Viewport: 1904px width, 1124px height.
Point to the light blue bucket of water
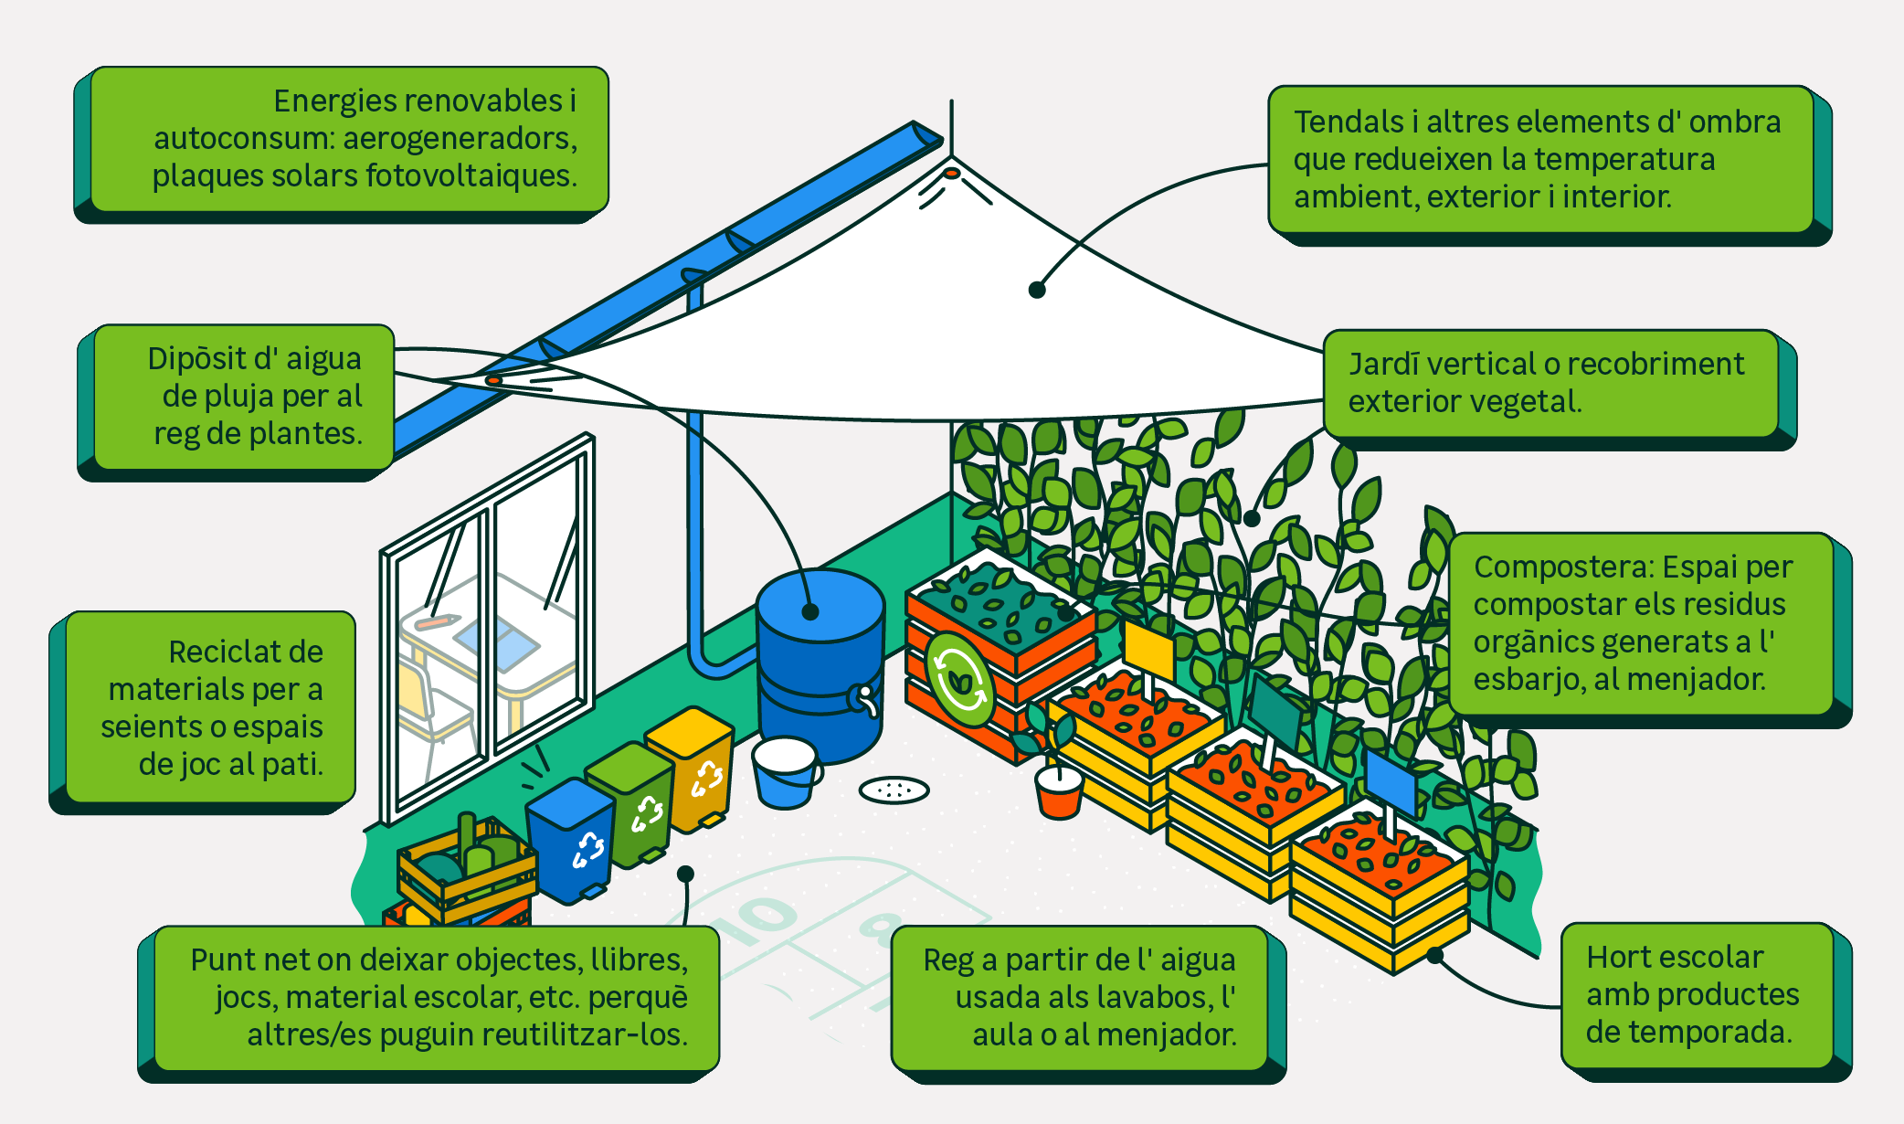click(x=785, y=773)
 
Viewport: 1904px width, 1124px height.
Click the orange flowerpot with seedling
click(x=1059, y=791)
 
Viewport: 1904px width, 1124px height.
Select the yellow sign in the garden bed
click(x=1148, y=651)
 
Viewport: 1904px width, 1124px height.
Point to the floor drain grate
click(x=894, y=790)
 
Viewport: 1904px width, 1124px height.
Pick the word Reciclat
click(x=246, y=652)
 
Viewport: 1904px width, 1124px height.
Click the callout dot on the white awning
click(x=1037, y=290)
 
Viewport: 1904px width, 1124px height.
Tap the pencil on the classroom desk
click(x=436, y=622)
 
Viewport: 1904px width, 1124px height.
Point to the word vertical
click(x=1480, y=365)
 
